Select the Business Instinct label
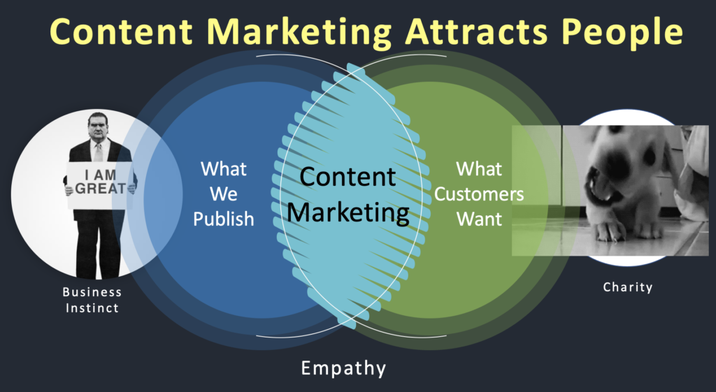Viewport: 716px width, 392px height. coord(91,300)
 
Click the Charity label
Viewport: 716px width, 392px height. coord(627,286)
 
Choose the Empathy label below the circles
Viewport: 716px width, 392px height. coord(343,368)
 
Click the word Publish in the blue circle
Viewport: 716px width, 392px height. coord(224,219)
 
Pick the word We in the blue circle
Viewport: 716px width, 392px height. coord(224,194)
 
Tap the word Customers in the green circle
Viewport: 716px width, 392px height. coord(479,194)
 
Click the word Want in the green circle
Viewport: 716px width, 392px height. coord(479,219)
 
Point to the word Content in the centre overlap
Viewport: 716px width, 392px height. coord(348,177)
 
